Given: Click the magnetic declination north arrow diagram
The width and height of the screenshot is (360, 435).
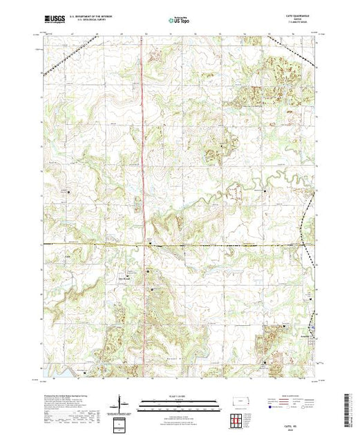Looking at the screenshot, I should tap(122, 403).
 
